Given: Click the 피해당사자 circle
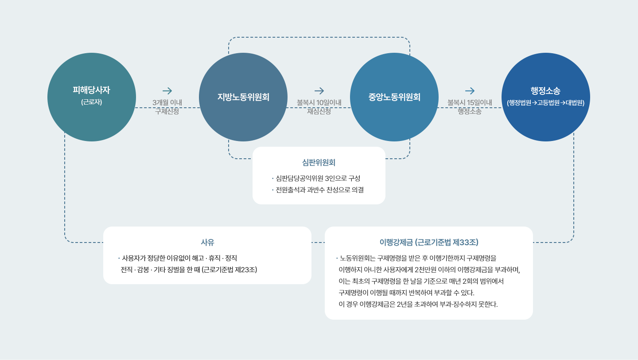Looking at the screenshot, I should point(92,97).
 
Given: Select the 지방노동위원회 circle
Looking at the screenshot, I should point(243,97).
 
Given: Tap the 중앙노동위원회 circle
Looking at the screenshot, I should point(394,97).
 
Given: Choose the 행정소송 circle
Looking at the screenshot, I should point(545,97).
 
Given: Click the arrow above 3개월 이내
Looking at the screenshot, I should point(167,91).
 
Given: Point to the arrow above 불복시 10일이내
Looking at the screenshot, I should point(319,91).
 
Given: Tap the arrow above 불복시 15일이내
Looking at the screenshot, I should point(470,91).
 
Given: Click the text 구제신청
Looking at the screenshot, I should point(167,111).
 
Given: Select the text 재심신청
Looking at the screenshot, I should point(319,111).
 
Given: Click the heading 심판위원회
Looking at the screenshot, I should point(319,162).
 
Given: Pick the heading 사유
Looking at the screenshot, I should point(207,242).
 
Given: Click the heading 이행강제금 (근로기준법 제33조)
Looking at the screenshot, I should point(429,242).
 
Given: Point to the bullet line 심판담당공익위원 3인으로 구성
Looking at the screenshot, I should point(318,178).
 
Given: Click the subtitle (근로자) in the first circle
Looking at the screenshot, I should point(92,102).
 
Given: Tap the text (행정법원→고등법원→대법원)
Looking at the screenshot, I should point(545,103).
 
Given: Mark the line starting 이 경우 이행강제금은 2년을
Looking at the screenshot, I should point(418,305).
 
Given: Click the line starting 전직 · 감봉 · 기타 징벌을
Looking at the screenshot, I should point(189,269).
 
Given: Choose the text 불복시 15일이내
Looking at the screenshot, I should point(470,102).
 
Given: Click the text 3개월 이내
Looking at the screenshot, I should point(167,102).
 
